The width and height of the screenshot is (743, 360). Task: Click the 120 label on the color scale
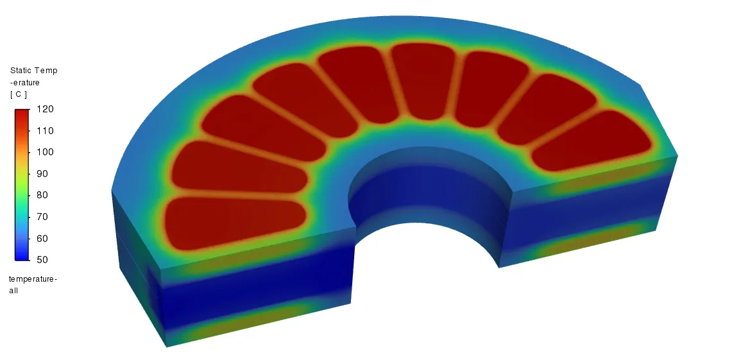(x=45, y=109)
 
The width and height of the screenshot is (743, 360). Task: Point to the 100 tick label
(x=45, y=152)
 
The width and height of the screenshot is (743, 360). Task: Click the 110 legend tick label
(x=45, y=131)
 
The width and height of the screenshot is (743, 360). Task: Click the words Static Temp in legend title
(x=33, y=71)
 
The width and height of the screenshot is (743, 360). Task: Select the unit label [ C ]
(x=19, y=94)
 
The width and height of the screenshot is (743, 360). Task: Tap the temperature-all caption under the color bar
(x=33, y=285)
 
